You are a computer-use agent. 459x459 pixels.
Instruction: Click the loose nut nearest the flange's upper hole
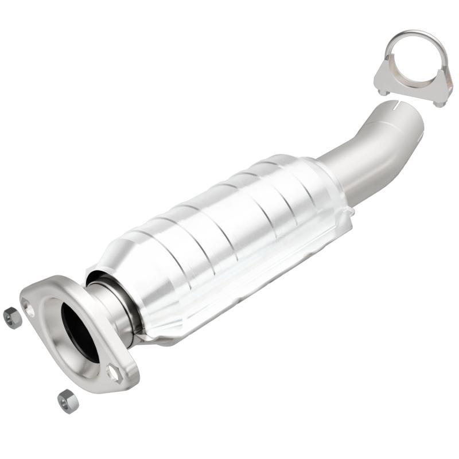pos(12,317)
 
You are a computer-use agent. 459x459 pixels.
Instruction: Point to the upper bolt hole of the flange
pos(29,310)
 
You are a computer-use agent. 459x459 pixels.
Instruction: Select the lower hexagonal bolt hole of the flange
pos(114,374)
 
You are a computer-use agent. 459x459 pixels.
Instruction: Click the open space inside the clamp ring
pos(417,60)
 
